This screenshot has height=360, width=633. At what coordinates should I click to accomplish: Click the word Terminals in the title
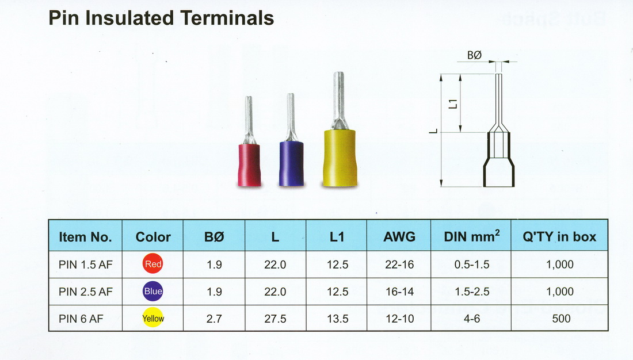227,18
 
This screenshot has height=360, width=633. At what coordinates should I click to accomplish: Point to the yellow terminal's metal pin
339,101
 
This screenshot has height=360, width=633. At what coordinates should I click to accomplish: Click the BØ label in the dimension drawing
474,55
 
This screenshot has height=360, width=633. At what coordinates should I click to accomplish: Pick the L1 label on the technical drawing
453,104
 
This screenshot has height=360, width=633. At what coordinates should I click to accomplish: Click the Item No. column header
85,237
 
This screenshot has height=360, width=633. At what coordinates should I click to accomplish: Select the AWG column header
399,237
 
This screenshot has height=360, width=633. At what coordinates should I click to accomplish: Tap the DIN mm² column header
471,236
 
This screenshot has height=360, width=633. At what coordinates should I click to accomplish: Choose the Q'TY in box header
559,237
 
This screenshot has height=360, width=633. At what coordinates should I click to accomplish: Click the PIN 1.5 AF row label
86,265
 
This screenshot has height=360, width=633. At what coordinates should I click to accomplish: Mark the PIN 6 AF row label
81,319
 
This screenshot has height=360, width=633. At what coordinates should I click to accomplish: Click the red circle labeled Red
153,264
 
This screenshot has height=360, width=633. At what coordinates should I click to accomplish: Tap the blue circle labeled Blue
153,291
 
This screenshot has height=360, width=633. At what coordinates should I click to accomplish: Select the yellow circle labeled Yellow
153,319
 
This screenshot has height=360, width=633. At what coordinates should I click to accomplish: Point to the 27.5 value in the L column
275,319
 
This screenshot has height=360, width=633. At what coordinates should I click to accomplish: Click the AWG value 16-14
400,292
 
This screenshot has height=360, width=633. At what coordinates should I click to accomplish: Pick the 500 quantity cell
561,319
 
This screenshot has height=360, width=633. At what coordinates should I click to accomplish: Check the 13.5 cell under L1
337,319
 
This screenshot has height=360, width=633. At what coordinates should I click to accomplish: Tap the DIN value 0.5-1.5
472,265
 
